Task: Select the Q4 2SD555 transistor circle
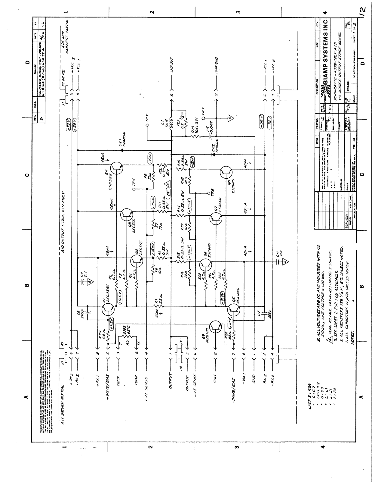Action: (116, 168)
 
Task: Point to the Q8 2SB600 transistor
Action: (226, 172)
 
